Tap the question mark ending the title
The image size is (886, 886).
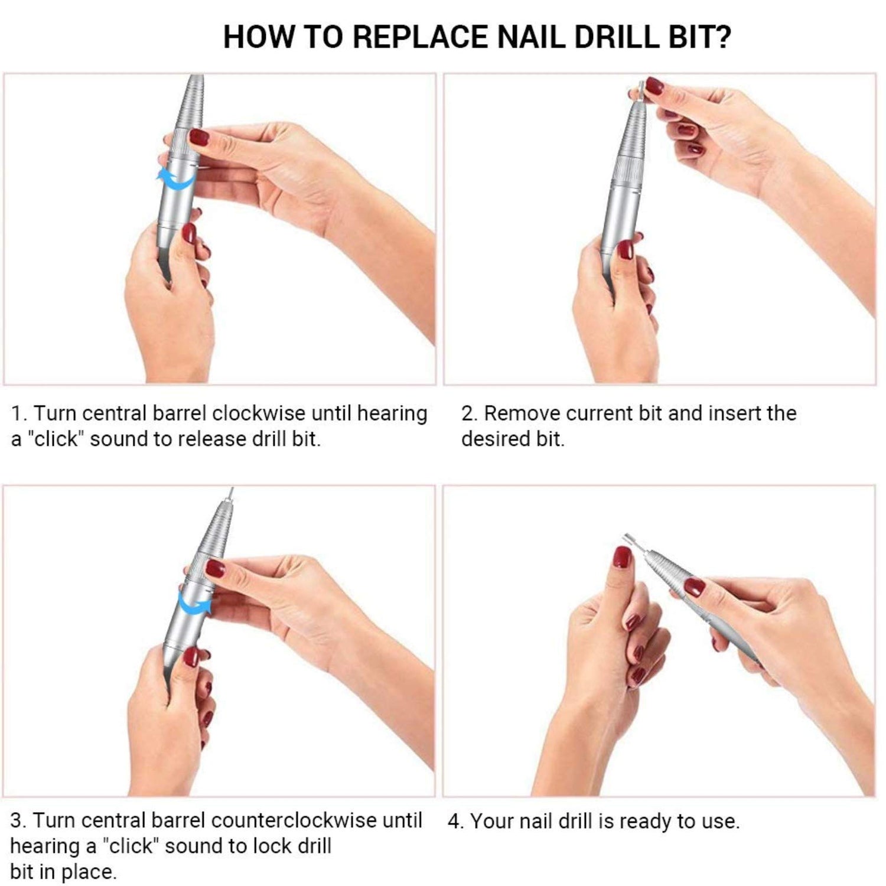click(722, 37)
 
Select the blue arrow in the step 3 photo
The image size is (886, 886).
click(196, 604)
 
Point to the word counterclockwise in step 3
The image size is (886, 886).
click(293, 820)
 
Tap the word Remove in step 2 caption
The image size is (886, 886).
click(522, 413)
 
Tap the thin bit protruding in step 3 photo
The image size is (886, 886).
click(231, 494)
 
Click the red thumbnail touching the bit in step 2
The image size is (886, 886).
click(654, 86)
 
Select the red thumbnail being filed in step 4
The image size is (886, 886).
click(621, 556)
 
